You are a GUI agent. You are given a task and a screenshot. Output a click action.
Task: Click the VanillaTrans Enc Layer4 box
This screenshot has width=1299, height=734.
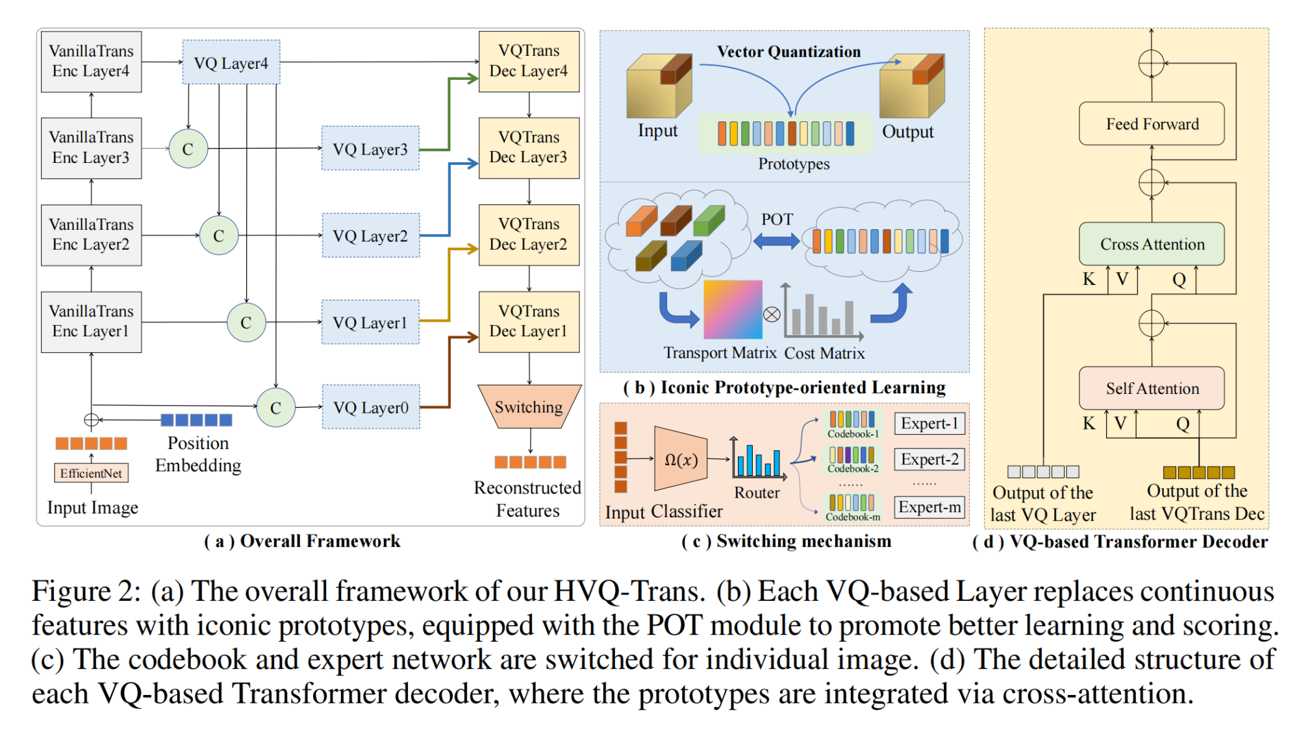(91, 62)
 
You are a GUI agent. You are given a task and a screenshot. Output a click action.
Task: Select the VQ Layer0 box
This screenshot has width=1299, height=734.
(371, 408)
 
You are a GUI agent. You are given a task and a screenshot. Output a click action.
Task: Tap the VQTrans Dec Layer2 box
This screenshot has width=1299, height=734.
(529, 235)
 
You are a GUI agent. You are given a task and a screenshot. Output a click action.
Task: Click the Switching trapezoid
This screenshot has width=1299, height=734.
(529, 407)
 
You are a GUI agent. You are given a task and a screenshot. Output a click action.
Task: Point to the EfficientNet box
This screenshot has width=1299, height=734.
(91, 473)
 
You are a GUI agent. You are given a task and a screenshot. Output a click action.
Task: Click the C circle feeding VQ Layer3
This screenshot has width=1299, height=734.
(188, 149)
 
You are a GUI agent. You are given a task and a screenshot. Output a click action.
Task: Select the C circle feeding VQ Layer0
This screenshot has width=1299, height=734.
(275, 408)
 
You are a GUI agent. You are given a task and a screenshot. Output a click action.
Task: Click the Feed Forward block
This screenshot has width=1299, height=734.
(1152, 124)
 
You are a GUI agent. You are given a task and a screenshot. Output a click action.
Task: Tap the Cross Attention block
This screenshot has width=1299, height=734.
(1152, 244)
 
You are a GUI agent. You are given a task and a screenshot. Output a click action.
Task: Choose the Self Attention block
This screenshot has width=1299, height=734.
(1152, 388)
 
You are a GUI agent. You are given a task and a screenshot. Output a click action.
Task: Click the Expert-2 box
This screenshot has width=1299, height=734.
(929, 459)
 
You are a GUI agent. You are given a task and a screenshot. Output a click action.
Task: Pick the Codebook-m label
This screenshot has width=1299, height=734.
(853, 517)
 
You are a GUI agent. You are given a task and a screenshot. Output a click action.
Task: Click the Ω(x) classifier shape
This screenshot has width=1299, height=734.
(680, 459)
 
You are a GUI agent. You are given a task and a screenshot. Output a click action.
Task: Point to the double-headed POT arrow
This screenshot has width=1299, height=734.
(776, 241)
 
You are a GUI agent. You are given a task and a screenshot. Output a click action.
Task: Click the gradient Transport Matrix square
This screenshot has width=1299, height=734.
(733, 310)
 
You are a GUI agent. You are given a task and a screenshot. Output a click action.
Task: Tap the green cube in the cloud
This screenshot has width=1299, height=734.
(709, 221)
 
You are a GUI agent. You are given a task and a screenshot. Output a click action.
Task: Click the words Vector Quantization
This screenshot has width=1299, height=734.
(788, 52)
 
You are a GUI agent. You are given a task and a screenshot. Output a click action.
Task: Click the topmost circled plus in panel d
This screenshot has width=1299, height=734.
(1151, 63)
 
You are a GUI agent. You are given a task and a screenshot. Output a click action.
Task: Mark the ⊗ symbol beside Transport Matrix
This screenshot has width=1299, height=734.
(771, 315)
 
